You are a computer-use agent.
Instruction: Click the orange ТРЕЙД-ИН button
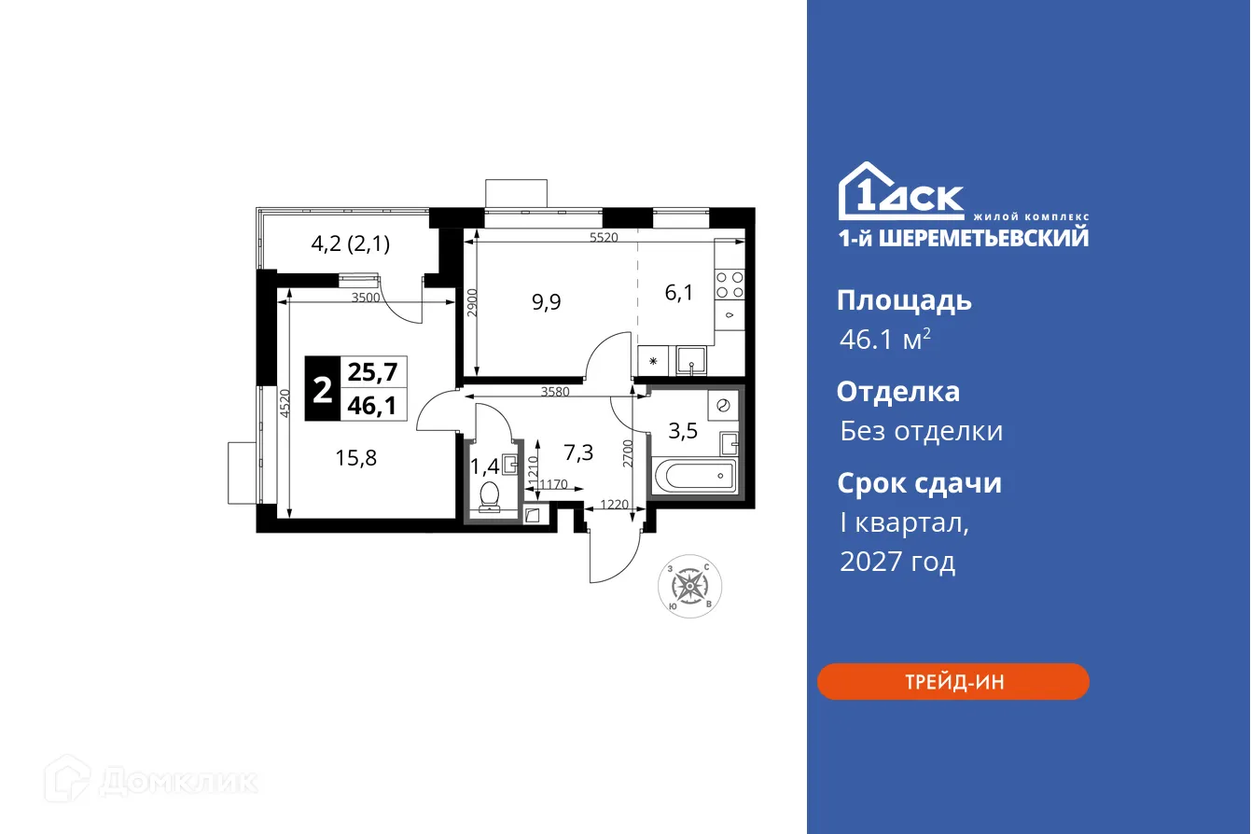point(952,682)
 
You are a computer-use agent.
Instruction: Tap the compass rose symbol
point(689,586)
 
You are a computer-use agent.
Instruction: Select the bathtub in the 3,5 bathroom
point(695,477)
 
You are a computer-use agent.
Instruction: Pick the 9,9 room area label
point(546,302)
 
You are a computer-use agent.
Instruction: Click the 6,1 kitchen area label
point(678,293)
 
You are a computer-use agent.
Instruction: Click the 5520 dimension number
point(605,238)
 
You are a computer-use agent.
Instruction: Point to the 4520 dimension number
point(284,406)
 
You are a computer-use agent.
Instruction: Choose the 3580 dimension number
point(554,392)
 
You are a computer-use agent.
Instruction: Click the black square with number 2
point(322,390)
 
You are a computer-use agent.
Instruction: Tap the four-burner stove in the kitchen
point(730,285)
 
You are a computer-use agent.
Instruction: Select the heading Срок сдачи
point(919,483)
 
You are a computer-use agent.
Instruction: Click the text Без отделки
point(921,431)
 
